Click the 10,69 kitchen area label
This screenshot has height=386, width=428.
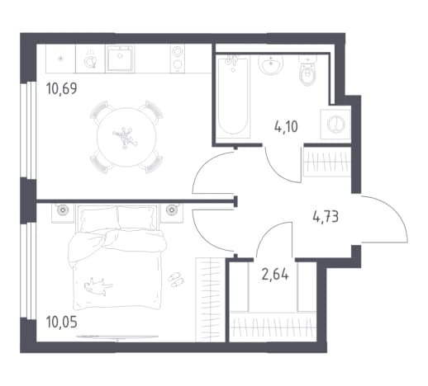pyautogui.click(x=61, y=88)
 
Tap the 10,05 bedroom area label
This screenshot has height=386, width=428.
pyautogui.click(x=61, y=322)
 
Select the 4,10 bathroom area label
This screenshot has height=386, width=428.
pyautogui.click(x=286, y=127)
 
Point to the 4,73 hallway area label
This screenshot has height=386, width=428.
pyautogui.click(x=326, y=216)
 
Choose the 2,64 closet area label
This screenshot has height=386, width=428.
pyautogui.click(x=275, y=274)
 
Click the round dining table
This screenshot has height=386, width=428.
pyautogui.click(x=126, y=137)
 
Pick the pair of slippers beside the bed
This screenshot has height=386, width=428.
pyautogui.click(x=176, y=280)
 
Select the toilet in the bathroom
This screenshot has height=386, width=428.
pyautogui.click(x=307, y=69)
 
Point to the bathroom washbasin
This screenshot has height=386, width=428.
pyautogui.click(x=271, y=64)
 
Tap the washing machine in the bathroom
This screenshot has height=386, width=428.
pyautogui.click(x=335, y=124)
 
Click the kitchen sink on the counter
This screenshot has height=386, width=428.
pyautogui.click(x=120, y=58)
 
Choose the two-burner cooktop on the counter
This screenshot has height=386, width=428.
pyautogui.click(x=178, y=59)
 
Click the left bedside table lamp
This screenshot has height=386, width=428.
pyautogui.click(x=63, y=210)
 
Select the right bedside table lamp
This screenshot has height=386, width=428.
pyautogui.click(x=172, y=210)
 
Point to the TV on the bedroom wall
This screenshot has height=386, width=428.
pyautogui.click(x=117, y=337)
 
